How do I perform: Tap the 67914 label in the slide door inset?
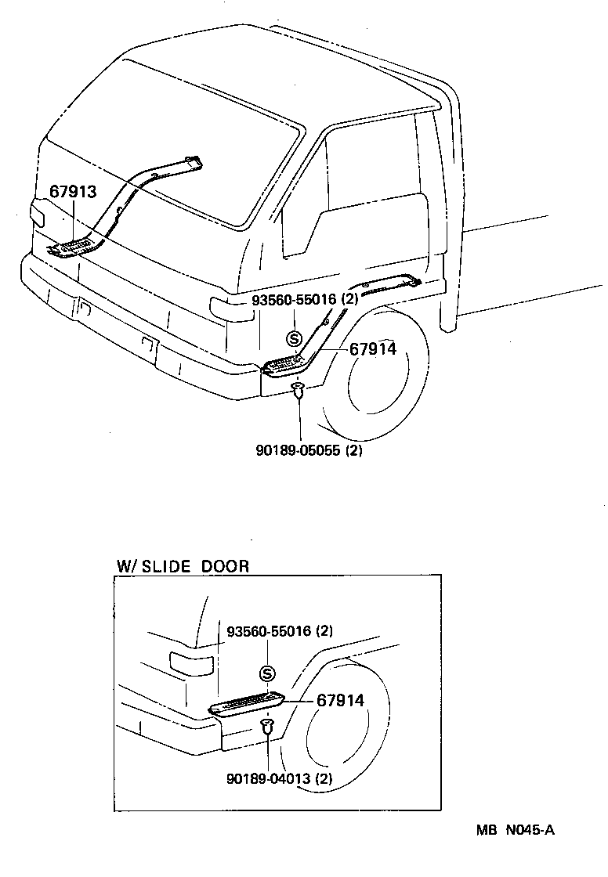pyautogui.click(x=340, y=701)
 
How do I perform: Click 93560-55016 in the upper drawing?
pyautogui.click(x=294, y=300)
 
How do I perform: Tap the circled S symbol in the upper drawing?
pyautogui.click(x=294, y=338)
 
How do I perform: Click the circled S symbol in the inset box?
pyautogui.click(x=268, y=673)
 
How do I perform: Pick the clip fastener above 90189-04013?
pyautogui.click(x=268, y=726)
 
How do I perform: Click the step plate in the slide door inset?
pyautogui.click(x=247, y=702)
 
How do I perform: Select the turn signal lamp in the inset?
pyautogui.click(x=190, y=662)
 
